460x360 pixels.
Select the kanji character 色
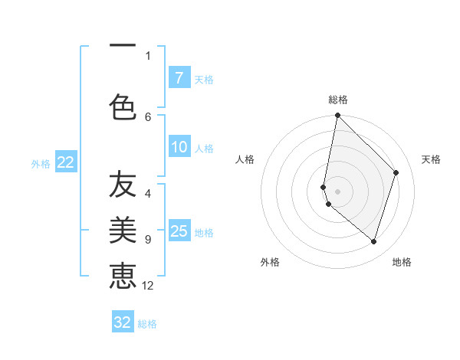123,106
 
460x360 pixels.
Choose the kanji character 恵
123,275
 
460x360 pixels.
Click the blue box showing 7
179,78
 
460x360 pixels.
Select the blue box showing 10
179,148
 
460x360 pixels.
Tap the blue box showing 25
179,231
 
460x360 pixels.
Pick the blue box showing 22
66,162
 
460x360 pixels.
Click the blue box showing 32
123,322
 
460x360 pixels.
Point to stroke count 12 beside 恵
148,286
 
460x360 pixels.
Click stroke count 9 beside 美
148,240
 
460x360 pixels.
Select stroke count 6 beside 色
148,116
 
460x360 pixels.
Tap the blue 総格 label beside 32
147,324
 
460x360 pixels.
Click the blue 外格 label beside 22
41,163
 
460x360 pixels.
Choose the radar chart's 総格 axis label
337,100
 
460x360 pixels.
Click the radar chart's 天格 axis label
431,159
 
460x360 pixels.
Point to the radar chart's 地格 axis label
402,262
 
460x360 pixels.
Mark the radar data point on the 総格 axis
337,116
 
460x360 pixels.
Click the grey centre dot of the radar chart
337,191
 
